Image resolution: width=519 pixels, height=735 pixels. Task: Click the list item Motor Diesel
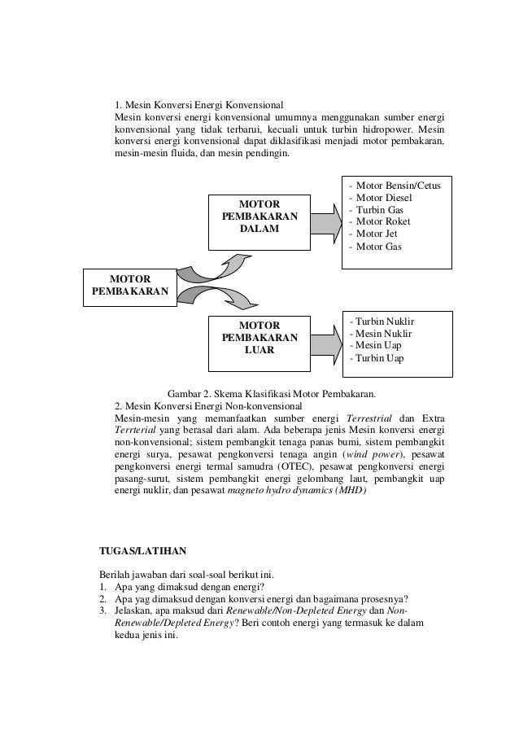[382, 198]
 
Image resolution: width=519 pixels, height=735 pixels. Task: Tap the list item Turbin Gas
[379, 210]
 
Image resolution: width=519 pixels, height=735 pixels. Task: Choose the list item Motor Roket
[382, 222]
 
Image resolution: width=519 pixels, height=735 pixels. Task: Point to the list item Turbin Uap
[377, 358]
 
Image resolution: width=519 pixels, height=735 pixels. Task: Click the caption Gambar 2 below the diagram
[270, 394]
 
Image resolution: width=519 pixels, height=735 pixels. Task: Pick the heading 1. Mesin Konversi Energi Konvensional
[198, 106]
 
